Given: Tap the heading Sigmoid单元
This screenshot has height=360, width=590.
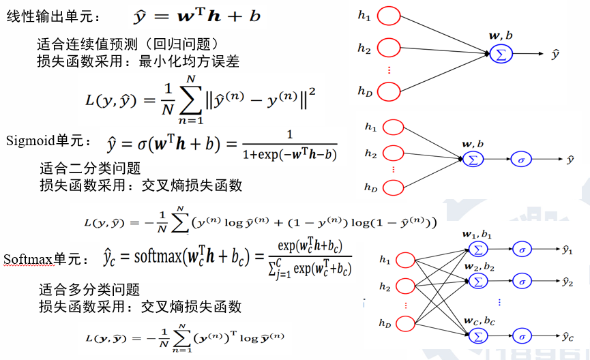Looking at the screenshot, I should (47, 141).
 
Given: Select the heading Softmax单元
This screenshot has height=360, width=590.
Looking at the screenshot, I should (46, 260).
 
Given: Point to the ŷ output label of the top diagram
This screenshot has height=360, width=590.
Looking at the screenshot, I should (555, 54).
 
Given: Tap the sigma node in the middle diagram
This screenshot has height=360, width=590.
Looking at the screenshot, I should (521, 160).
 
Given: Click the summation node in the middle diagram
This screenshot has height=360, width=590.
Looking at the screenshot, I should (472, 160).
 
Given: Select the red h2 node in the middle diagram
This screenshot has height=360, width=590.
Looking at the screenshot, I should (393, 154).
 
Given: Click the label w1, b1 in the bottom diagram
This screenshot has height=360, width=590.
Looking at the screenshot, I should (479, 235).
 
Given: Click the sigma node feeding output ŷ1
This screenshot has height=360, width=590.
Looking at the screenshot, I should (522, 250).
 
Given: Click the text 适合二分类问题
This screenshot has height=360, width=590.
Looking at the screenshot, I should (90, 168).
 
